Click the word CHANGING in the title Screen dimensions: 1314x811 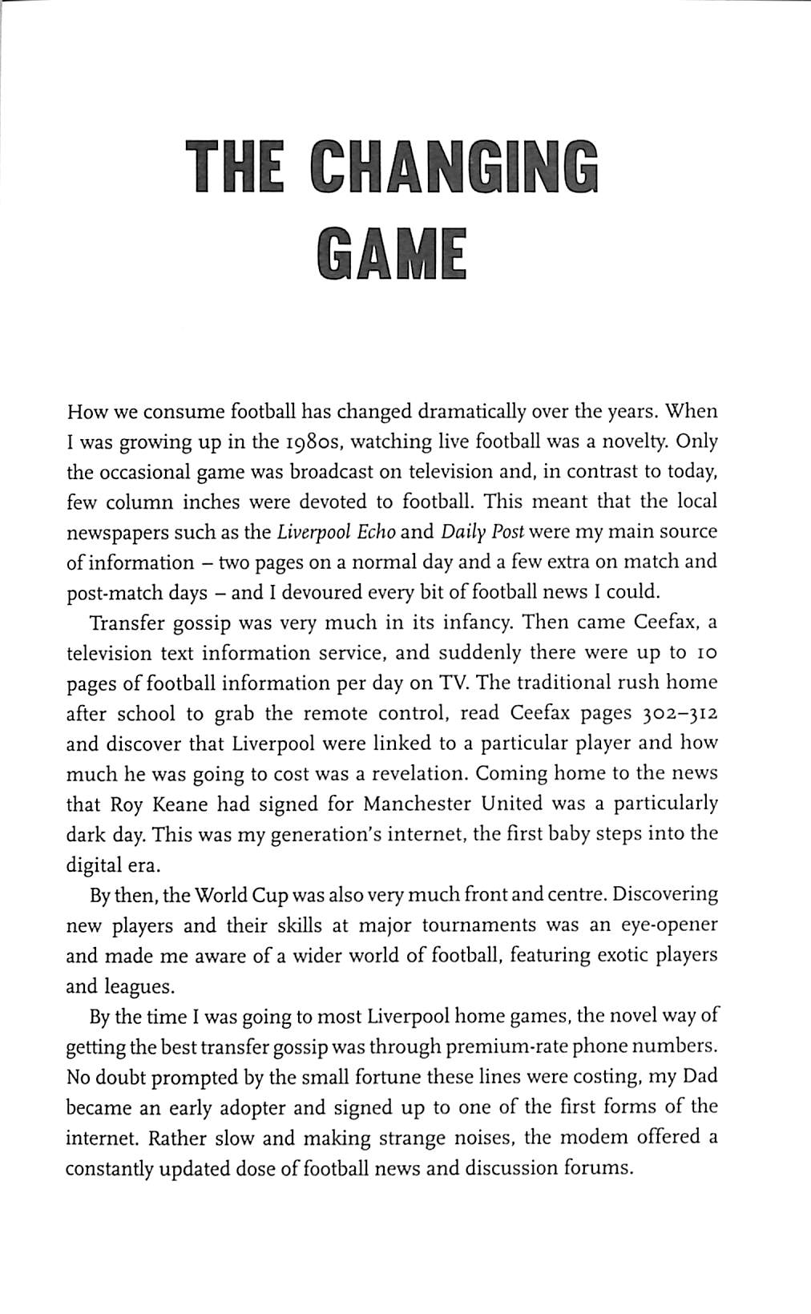point(454,167)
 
